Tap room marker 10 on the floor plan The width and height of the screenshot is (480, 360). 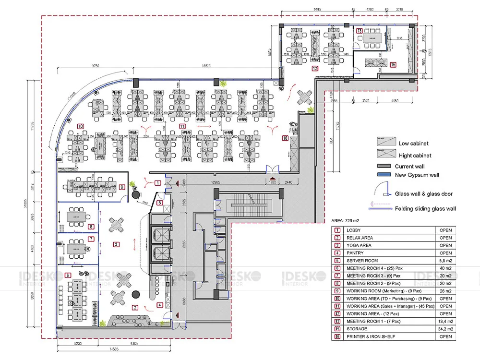[x=80, y=126]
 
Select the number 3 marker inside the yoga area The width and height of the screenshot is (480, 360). [x=116, y=244]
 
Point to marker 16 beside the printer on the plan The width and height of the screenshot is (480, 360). [x=286, y=139]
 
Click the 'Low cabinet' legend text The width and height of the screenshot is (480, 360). [x=413, y=143]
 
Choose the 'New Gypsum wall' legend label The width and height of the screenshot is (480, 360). [x=417, y=175]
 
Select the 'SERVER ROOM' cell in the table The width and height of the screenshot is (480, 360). [x=362, y=261]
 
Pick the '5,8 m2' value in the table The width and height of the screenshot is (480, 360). [x=445, y=261]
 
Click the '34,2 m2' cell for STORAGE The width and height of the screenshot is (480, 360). [x=445, y=329]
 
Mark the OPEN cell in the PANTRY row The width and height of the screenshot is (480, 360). [x=445, y=253]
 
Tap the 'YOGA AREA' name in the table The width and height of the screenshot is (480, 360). [x=359, y=245]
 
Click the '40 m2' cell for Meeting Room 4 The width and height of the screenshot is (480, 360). [x=445, y=268]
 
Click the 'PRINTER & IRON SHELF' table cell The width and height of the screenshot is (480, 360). [x=371, y=336]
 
